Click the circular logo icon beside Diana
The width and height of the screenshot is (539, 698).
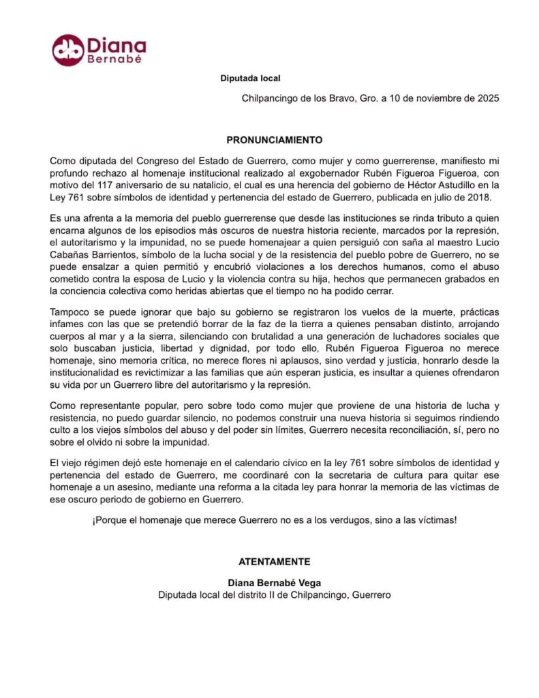pos(68,50)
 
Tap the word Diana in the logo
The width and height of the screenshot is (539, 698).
pos(117,45)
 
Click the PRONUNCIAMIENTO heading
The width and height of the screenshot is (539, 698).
pos(274,140)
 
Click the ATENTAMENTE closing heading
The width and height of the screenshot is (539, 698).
pos(274,562)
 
